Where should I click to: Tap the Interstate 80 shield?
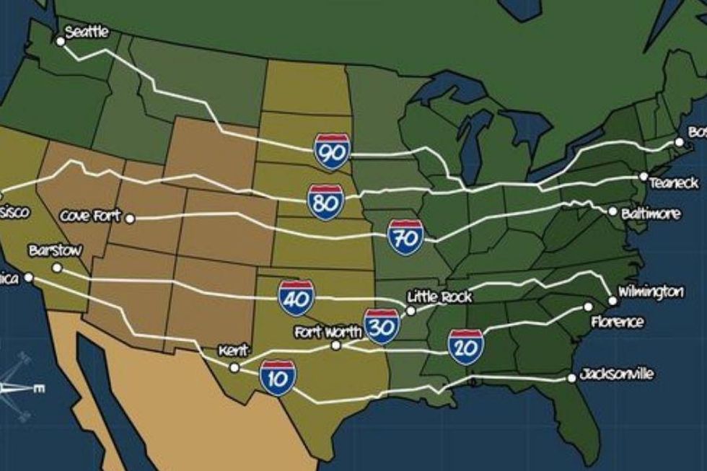point(325,202)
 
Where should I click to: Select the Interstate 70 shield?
point(405,237)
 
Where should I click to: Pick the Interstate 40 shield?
point(297,298)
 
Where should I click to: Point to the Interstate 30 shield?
point(382,327)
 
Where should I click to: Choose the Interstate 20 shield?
point(465,346)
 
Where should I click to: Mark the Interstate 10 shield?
point(278,379)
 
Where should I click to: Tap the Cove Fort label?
point(91,216)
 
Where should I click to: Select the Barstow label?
point(55,251)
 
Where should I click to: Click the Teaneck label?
point(673,183)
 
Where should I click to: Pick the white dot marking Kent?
point(234,367)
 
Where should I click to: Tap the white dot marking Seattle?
point(61,42)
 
